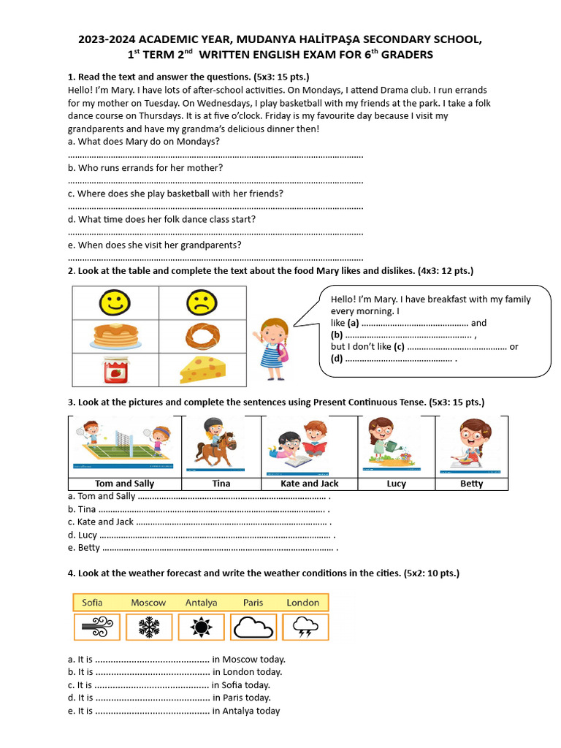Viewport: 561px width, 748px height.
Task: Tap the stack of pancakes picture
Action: [115, 337]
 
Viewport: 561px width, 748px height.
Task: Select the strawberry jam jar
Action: [115, 370]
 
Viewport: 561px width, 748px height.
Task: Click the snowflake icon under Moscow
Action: [149, 627]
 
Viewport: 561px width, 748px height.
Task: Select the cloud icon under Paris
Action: [253, 627]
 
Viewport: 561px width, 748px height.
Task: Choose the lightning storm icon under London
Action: [305, 627]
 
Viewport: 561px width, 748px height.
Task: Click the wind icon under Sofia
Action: [97, 627]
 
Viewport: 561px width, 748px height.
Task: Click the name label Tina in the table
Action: [221, 484]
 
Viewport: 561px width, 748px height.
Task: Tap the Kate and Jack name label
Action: [309, 484]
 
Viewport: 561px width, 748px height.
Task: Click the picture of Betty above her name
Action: [472, 444]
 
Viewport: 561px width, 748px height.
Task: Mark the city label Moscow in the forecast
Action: [148, 603]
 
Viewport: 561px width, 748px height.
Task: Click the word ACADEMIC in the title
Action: [184, 39]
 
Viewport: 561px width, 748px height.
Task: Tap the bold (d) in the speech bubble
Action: [337, 359]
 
